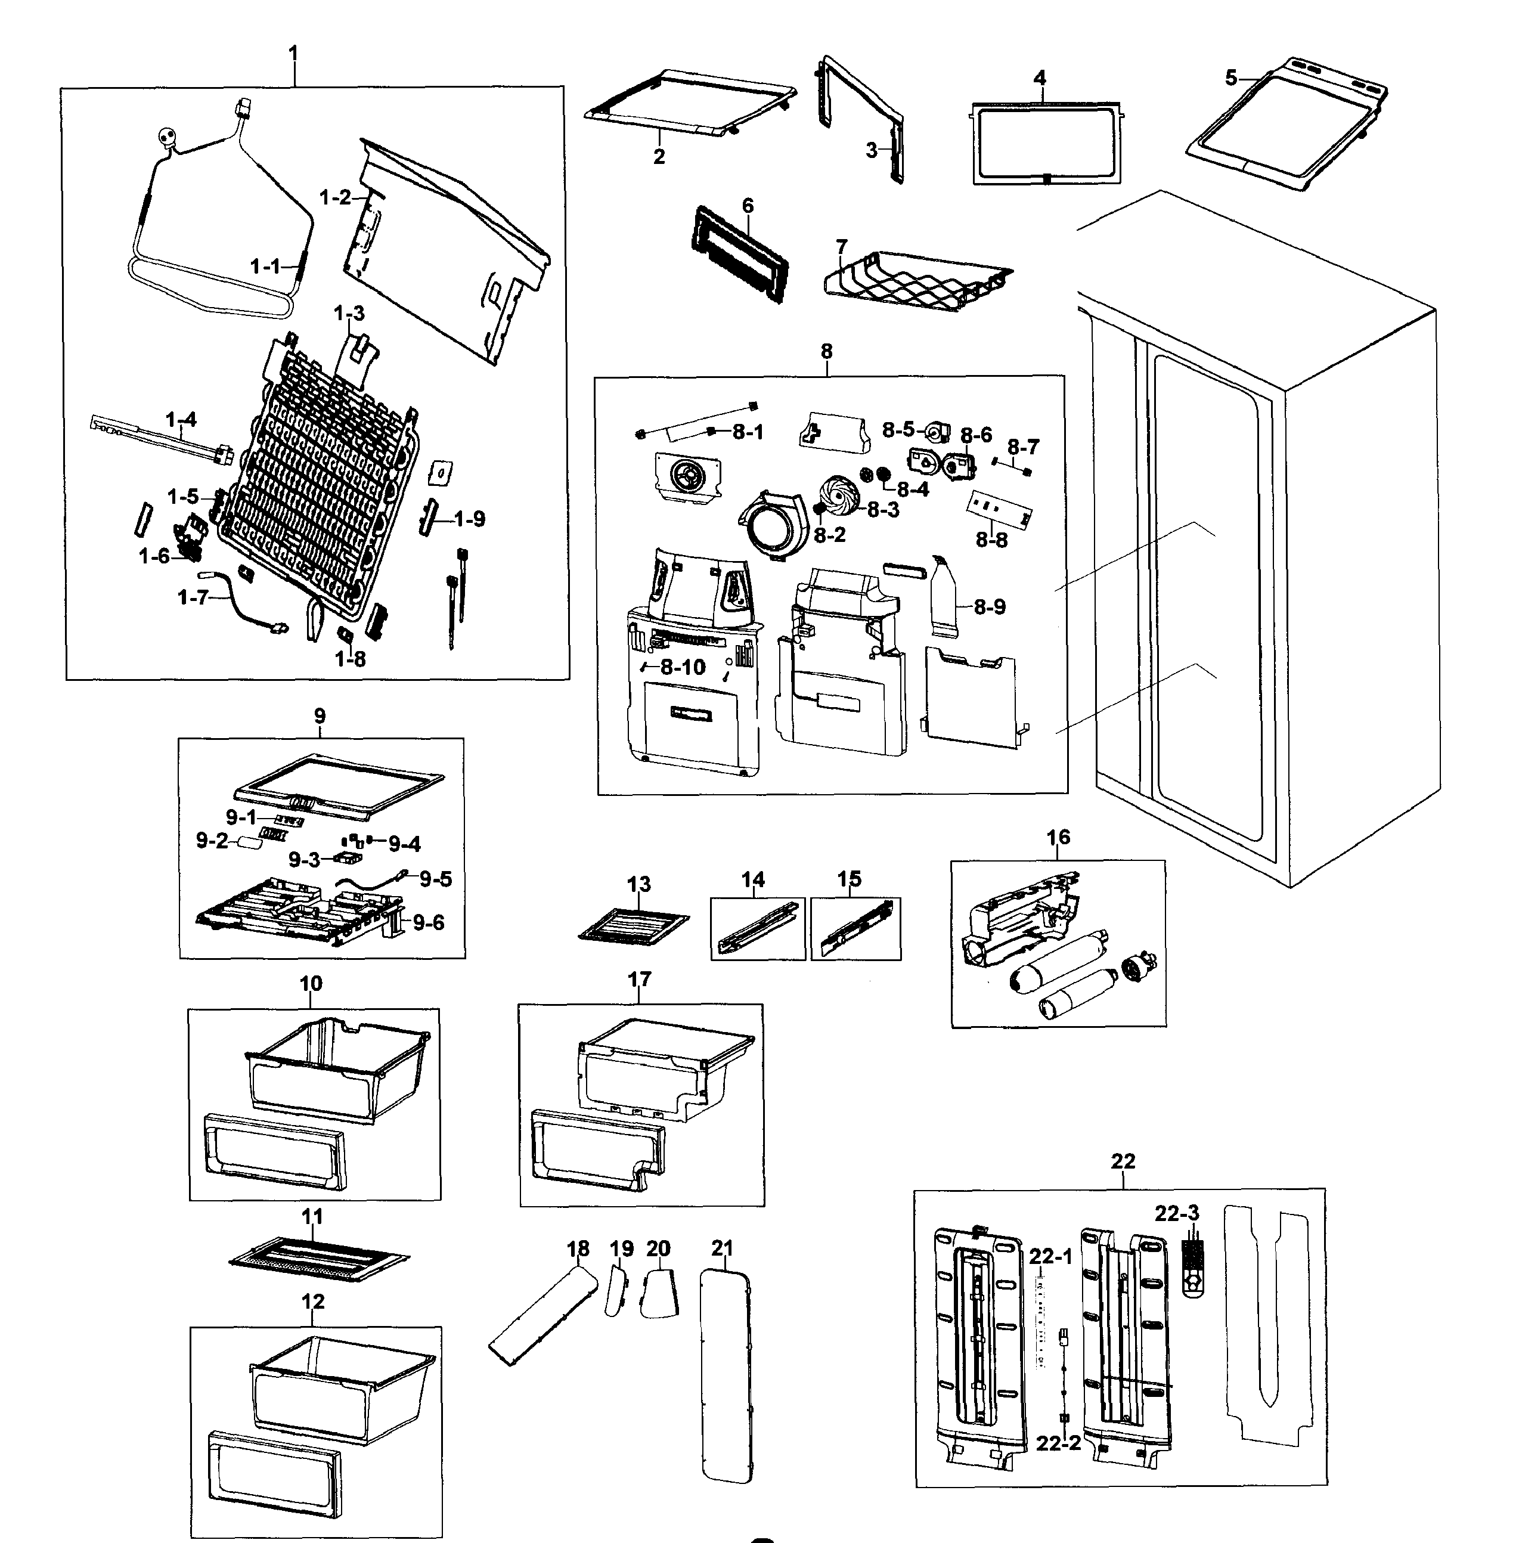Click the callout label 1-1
coord(265,267)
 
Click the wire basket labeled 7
coord(910,283)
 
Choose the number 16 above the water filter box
coord(1058,838)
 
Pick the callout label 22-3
coord(1177,1213)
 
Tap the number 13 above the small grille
coord(638,884)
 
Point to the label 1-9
coord(469,519)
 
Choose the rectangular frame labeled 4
coord(1045,144)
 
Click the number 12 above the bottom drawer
coord(313,1302)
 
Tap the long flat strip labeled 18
coord(542,1316)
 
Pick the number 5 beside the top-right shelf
coord(1231,78)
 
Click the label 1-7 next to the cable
coord(193,597)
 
